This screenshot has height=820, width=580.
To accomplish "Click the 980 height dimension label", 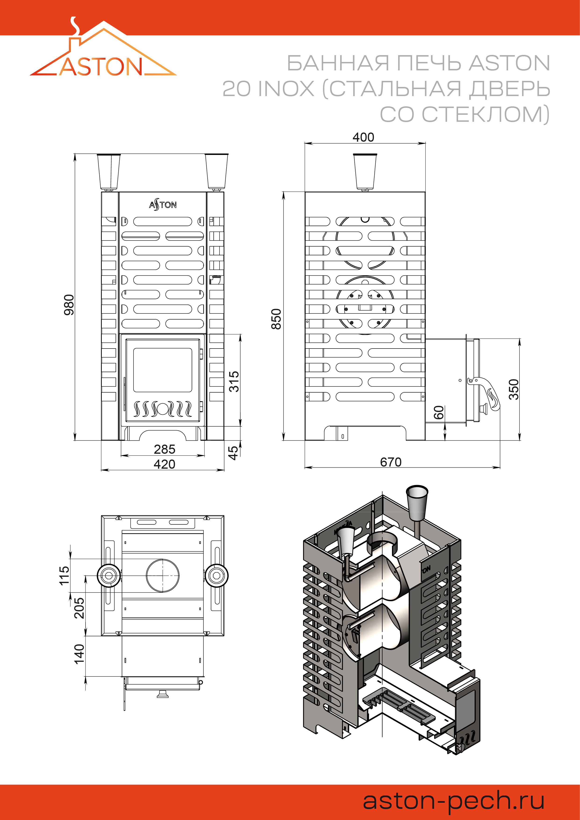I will (69, 305).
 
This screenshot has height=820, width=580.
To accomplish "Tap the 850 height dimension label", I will (276, 319).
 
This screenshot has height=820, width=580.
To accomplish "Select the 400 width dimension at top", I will (363, 137).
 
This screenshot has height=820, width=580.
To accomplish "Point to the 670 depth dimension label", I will (391, 462).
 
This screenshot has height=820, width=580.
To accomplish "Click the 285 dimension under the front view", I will (164, 449).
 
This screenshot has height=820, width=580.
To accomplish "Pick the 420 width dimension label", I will (164, 464).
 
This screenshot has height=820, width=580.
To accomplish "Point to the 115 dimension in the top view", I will (64, 575).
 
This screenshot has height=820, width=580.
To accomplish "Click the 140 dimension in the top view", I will (79, 654).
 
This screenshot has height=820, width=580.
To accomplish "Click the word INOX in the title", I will (286, 89).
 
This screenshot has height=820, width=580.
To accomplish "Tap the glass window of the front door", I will (162, 370).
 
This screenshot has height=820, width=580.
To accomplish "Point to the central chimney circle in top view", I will (162, 575).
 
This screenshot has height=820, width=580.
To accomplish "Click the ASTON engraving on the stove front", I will (163, 205).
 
